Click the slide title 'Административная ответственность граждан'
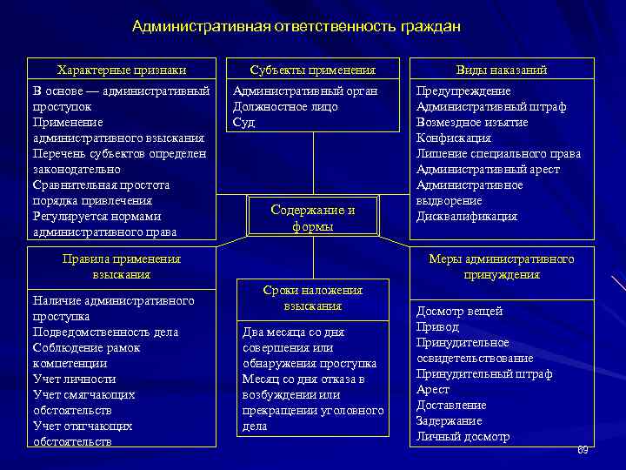coord(296,27)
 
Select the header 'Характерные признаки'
coord(122,70)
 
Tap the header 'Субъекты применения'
coord(312,70)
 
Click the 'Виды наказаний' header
coord(502,70)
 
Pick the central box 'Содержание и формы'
coord(313,218)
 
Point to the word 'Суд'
coord(243,123)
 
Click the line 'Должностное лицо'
coord(285,107)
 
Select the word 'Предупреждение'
coord(463,91)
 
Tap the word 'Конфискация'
coord(453,138)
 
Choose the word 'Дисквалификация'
coord(466,217)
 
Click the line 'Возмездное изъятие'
coord(472,123)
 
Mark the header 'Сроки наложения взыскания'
coord(312,299)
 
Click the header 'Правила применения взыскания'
coord(122,266)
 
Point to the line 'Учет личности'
coord(75,379)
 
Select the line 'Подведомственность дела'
coord(105,332)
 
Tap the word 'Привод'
coord(437,327)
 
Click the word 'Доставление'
coord(451,406)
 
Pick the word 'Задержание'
coord(449,421)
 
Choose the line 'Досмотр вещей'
coord(459,312)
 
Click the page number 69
coord(583,449)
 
